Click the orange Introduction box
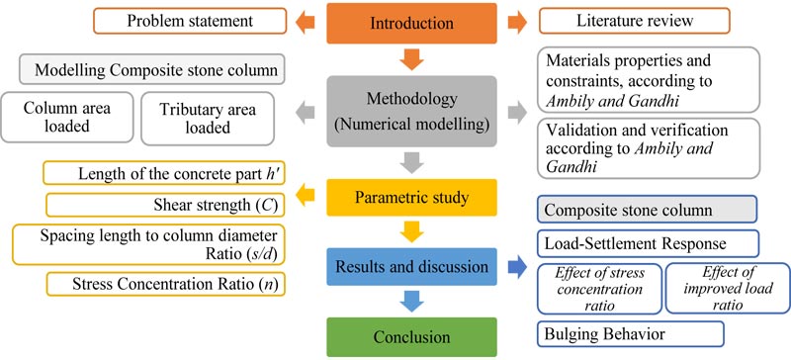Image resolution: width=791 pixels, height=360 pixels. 411,23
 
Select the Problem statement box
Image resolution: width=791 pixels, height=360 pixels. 190,21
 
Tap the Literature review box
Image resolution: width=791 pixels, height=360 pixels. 635,21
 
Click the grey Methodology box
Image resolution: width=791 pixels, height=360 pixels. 411,112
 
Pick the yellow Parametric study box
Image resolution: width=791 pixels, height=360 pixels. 411,198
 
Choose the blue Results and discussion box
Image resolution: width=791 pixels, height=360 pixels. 411,266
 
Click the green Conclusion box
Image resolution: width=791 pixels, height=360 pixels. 411,337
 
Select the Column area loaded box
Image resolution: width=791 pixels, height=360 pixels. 67,117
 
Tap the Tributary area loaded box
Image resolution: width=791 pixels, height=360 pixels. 208,118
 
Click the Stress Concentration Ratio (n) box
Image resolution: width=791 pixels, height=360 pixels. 165,284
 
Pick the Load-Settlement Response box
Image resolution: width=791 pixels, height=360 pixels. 648,244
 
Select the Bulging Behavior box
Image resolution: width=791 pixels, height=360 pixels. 631,333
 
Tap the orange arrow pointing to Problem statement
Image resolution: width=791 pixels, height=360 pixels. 305,22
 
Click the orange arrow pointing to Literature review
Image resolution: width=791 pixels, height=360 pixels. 517,23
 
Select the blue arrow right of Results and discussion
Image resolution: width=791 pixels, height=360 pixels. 517,268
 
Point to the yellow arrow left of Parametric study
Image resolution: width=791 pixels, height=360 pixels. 305,197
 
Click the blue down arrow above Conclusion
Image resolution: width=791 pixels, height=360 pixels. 411,302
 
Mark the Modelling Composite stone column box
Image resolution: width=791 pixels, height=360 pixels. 152,69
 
